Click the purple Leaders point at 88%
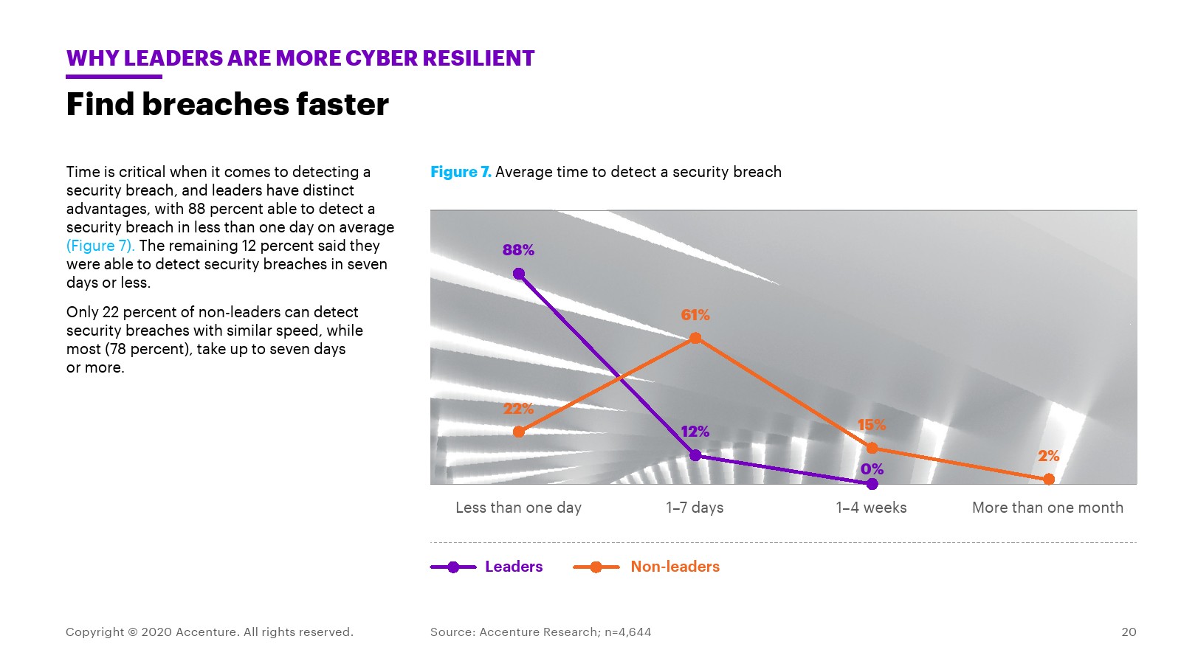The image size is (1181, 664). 519,274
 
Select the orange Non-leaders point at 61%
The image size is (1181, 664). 695,339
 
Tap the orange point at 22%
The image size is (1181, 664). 519,432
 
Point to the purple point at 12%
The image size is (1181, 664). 695,455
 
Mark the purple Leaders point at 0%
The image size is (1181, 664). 872,484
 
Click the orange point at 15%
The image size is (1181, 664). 872,448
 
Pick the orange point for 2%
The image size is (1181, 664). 1048,480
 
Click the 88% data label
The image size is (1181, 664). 518,250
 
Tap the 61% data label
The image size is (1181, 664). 695,315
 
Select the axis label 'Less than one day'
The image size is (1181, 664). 518,508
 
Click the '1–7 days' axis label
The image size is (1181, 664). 695,508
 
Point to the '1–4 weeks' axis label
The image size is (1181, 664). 871,508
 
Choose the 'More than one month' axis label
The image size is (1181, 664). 1047,508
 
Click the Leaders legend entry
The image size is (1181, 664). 514,567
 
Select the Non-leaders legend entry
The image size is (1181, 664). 675,567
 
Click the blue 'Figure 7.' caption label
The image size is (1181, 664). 461,172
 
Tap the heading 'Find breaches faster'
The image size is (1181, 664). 227,104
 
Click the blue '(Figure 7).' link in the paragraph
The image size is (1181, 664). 100,246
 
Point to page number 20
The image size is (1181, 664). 1129,632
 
